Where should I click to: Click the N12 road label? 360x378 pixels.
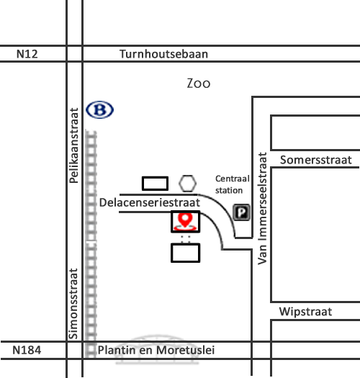pyautogui.click(x=27, y=54)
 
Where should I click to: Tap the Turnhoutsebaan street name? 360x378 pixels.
pyautogui.click(x=163, y=54)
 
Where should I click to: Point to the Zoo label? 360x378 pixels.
pyautogui.click(x=199, y=84)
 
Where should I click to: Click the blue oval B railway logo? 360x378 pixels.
pyautogui.click(x=99, y=109)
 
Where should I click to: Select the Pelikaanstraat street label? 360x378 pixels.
pyautogui.click(x=73, y=145)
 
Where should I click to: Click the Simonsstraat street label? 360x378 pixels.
pyautogui.click(x=73, y=304)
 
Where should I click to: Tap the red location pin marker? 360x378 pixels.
pyautogui.click(x=185, y=221)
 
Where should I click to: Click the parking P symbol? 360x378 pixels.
pyautogui.click(x=241, y=212)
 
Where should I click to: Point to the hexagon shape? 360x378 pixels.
pyautogui.click(x=188, y=184)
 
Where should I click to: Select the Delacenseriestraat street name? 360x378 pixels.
pyautogui.click(x=150, y=203)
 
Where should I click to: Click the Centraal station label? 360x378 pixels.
pyautogui.click(x=233, y=184)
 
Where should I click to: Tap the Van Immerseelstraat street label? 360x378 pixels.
pyautogui.click(x=262, y=208)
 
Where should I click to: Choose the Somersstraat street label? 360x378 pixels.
pyautogui.click(x=316, y=160)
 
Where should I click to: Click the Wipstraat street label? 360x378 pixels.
pyautogui.click(x=305, y=312)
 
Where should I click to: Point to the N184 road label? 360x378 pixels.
pyautogui.click(x=27, y=350)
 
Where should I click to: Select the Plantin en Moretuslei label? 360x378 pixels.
pyautogui.click(x=156, y=350)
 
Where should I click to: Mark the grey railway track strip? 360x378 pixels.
pyautogui.click(x=91, y=243)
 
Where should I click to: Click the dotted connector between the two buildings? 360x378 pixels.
pyautogui.click(x=186, y=239)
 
